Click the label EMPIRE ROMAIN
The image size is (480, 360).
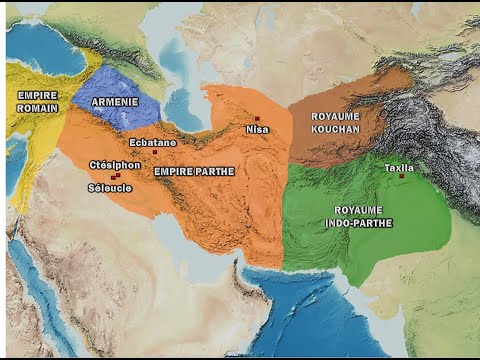[38, 100]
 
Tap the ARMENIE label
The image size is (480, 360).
[115, 102]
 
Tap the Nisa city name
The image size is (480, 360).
[257, 129]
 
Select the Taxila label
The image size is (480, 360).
[399, 167]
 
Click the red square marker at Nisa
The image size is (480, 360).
[257, 119]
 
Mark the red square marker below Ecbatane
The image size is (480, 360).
[155, 152]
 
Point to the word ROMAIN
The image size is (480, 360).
[38, 106]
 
